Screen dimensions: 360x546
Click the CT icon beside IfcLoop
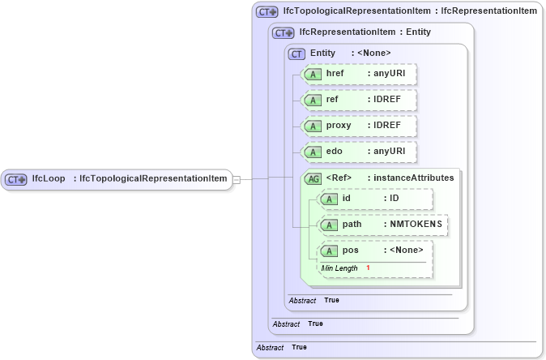tap(17, 178)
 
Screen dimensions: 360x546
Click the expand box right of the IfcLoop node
tap(237, 178)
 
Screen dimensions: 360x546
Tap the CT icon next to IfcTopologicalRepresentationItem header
tap(267, 12)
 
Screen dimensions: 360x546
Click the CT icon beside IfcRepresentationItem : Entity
tap(284, 33)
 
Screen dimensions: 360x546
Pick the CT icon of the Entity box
tap(297, 54)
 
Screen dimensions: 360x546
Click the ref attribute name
tap(332, 101)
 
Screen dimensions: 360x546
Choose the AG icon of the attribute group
tap(313, 178)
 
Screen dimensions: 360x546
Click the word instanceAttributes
tap(412, 178)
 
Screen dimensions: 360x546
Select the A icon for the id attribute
tap(330, 199)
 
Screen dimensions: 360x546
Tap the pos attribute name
tap(350, 251)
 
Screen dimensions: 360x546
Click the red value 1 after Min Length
tap(368, 268)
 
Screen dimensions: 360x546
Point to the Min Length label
tap(339, 268)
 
